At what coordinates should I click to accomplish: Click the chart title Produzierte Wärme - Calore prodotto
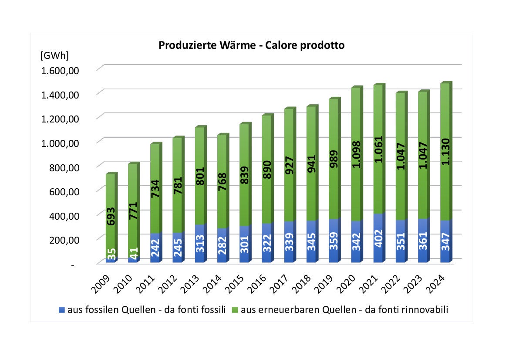251,45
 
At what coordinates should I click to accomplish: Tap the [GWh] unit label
54,56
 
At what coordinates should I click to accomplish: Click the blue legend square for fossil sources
61,310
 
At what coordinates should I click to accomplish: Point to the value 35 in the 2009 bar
111,254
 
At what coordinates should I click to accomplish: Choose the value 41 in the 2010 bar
133,253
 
